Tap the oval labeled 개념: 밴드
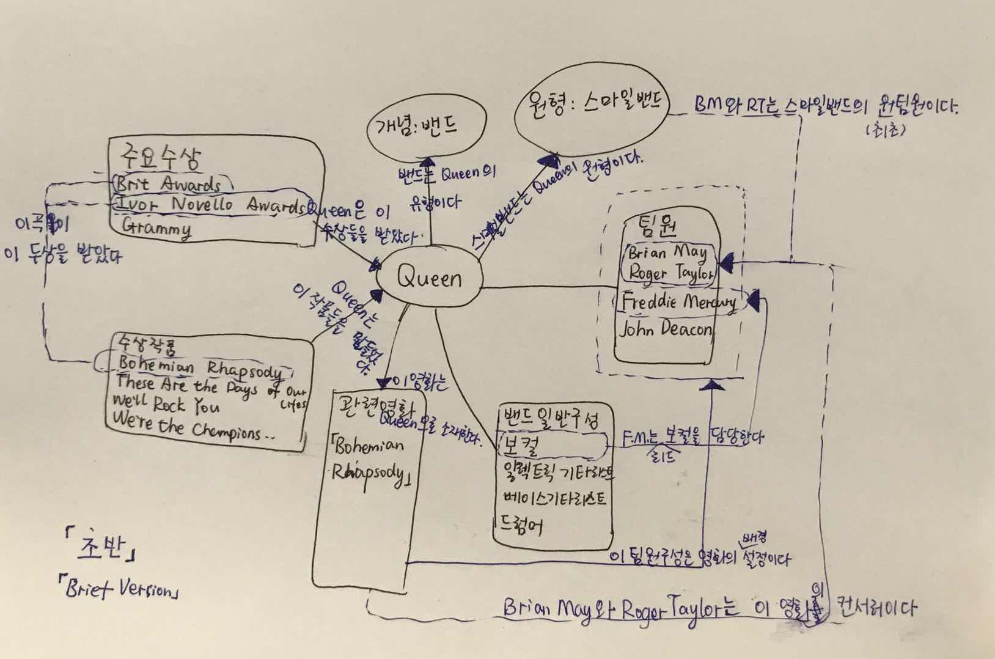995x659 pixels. point(426,125)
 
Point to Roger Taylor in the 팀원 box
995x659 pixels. point(670,273)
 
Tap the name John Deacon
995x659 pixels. point(666,330)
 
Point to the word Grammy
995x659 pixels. point(156,228)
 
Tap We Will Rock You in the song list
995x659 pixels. point(166,404)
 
